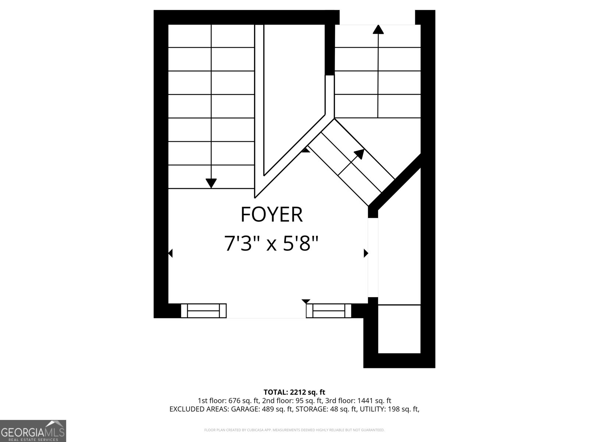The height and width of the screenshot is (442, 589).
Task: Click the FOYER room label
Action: pos(272,215)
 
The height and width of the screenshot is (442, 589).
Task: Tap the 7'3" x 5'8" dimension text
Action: pos(271,243)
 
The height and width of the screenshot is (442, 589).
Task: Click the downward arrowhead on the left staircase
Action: pos(211,183)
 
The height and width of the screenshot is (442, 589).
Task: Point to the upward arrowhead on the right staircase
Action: pos(378,29)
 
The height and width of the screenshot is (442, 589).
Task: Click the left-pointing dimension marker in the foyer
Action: pos(170,253)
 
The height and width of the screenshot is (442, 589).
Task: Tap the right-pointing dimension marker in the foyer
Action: pos(366,253)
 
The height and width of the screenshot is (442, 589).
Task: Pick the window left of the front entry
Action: pos(204,311)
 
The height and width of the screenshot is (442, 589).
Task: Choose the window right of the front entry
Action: pos(329,311)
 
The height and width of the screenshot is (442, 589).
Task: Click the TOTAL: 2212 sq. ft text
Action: pos(294,392)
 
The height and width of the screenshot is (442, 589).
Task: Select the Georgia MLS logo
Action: pos(33,431)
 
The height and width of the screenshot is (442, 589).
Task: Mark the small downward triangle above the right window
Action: pos(306,301)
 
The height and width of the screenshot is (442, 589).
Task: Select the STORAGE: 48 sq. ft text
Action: pos(327,409)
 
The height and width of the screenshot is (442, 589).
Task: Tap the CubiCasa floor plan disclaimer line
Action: pos(294,430)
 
